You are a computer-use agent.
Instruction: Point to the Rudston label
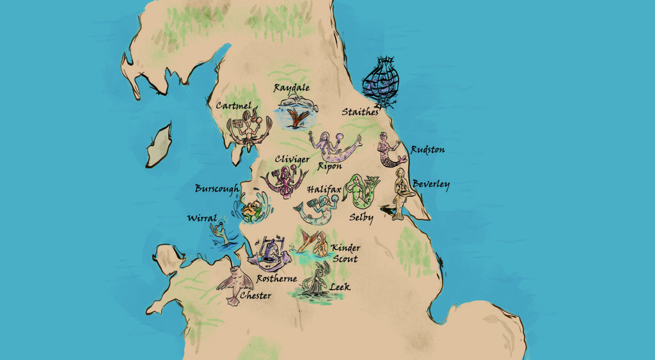pyautogui.click(x=427, y=150)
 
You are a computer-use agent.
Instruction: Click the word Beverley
pyautogui.click(x=430, y=185)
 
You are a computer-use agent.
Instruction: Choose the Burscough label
pyautogui.click(x=217, y=189)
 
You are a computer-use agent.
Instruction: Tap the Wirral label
pyautogui.click(x=202, y=217)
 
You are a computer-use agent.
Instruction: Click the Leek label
pyautogui.click(x=340, y=287)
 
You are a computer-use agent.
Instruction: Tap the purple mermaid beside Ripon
pyautogui.click(x=332, y=146)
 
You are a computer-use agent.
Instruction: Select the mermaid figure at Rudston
pyautogui.click(x=388, y=150)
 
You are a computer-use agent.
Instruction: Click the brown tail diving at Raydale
pyautogui.click(x=295, y=118)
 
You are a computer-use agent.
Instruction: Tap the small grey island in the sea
pyautogui.click(x=157, y=146)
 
